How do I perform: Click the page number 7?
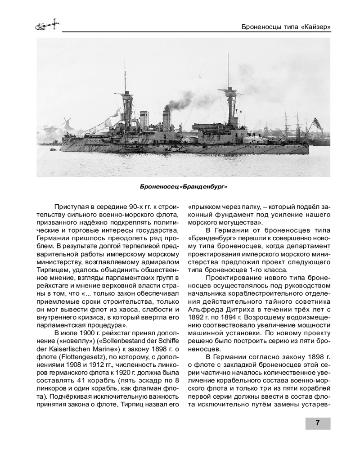pyautogui.click(x=318, y=423)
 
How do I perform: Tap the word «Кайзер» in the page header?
pyautogui.click(x=315, y=27)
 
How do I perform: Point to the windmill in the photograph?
pyautogui.click(x=66, y=124)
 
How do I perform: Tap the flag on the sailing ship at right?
pyautogui.click(x=318, y=123)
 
